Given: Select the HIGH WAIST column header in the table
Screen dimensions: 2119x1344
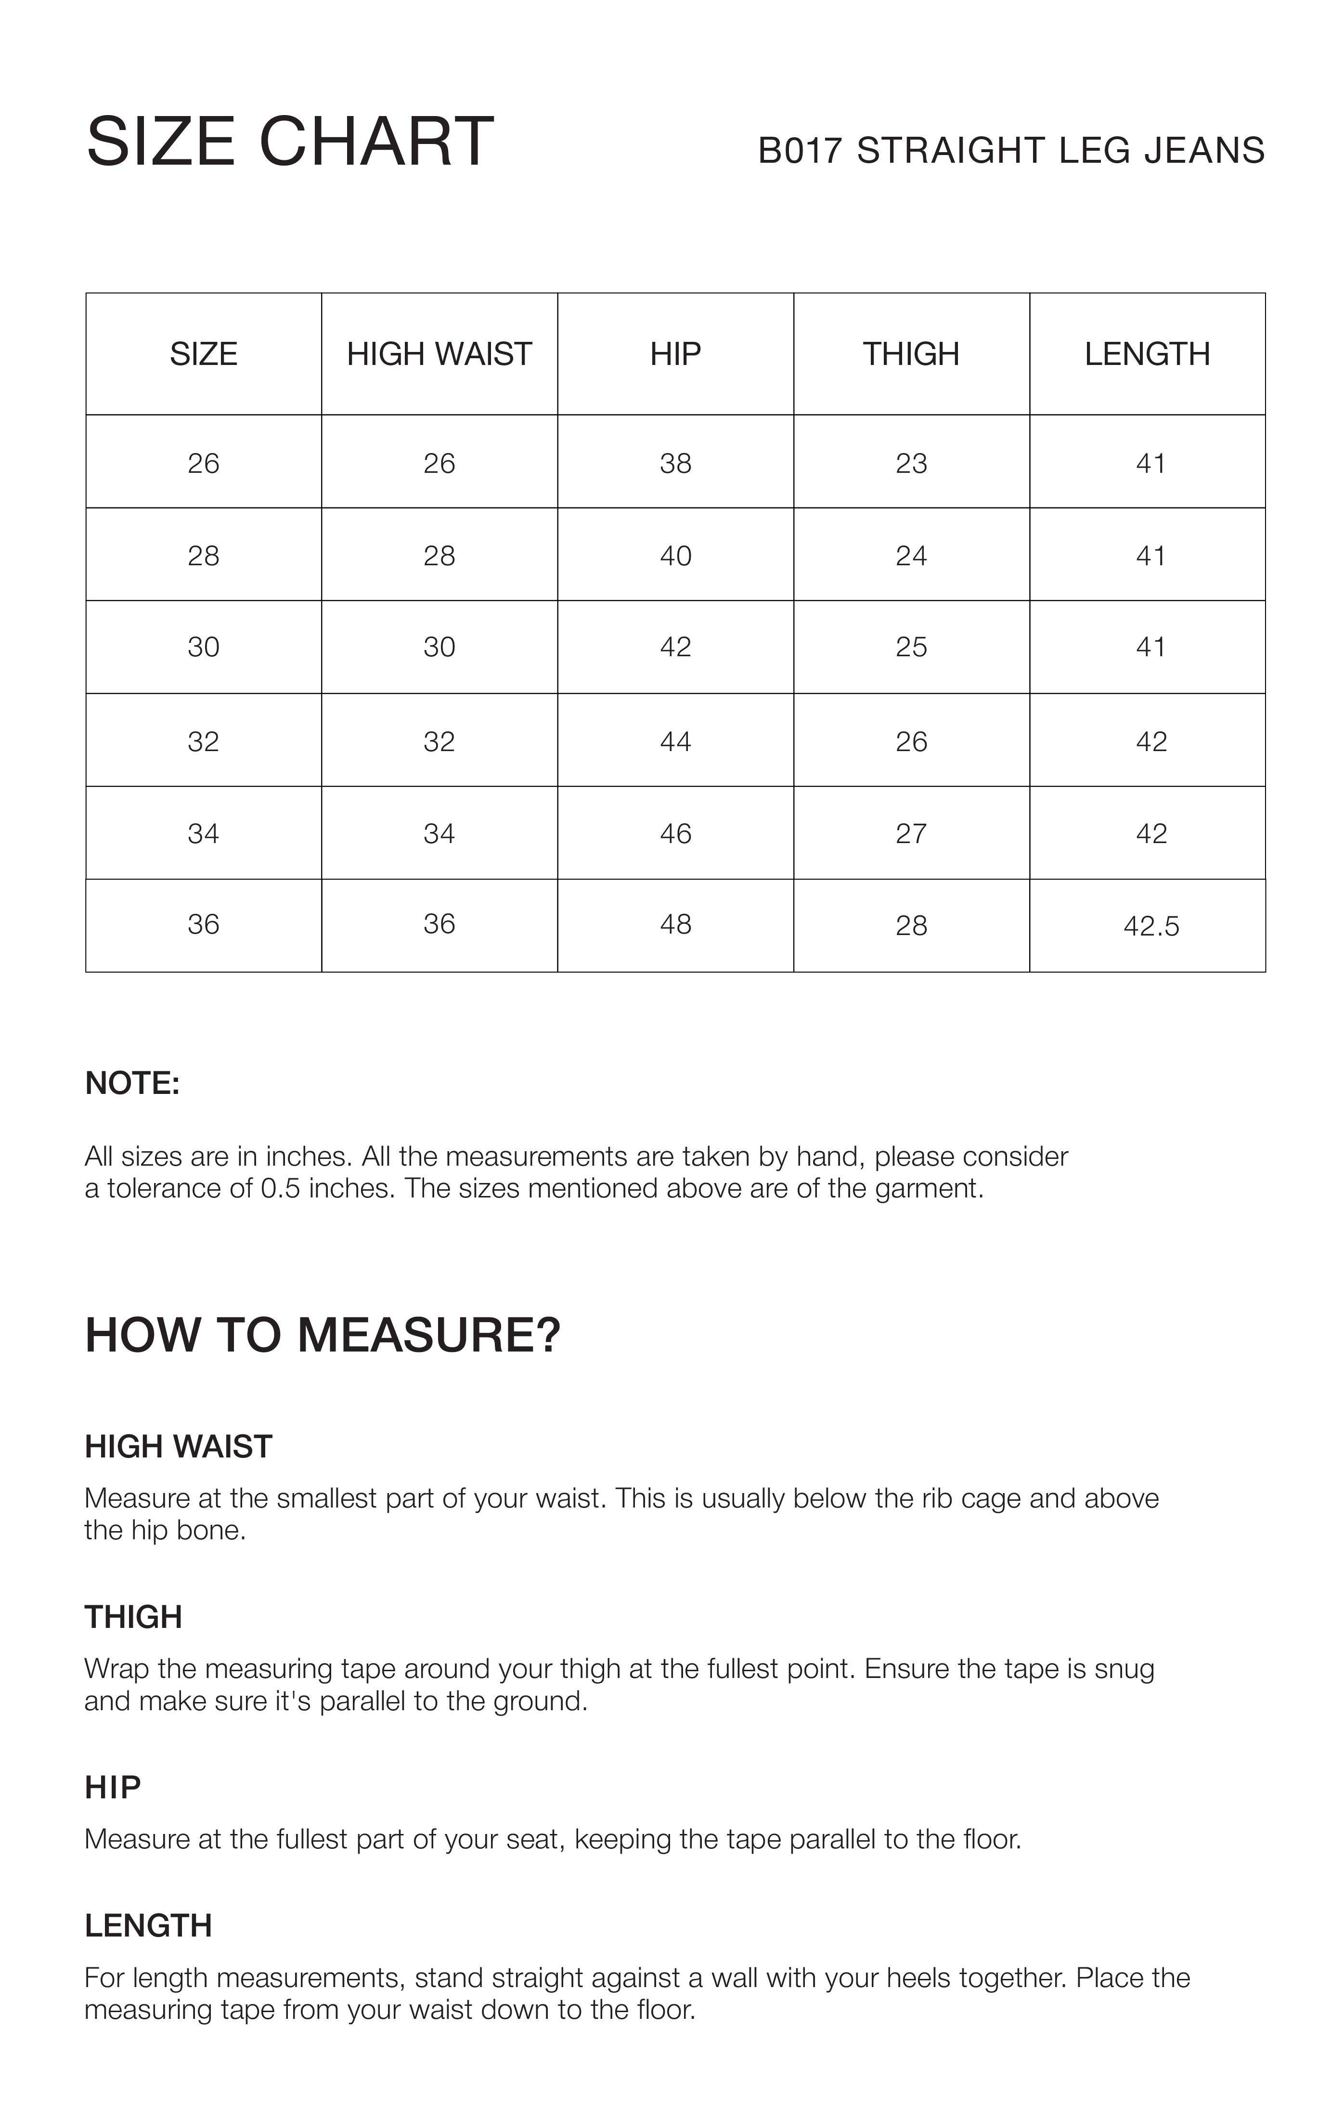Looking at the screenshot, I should coord(439,354).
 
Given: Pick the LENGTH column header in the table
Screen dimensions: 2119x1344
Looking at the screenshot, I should coord(1147,354).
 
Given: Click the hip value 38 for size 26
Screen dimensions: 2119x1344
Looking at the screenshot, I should coord(675,464).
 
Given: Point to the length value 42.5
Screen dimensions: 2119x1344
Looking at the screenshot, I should coord(1150,926).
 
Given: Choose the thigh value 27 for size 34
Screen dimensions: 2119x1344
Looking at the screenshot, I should coord(911,833).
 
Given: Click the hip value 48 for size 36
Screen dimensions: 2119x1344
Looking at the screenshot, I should coord(675,924).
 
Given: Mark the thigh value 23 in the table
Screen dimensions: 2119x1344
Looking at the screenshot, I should coord(911,464).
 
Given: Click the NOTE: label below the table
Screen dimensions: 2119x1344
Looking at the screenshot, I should coord(132,1083).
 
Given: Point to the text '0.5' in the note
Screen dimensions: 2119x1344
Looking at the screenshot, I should coord(281,1189).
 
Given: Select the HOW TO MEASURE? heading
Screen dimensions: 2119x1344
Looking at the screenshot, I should coord(322,1335).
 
